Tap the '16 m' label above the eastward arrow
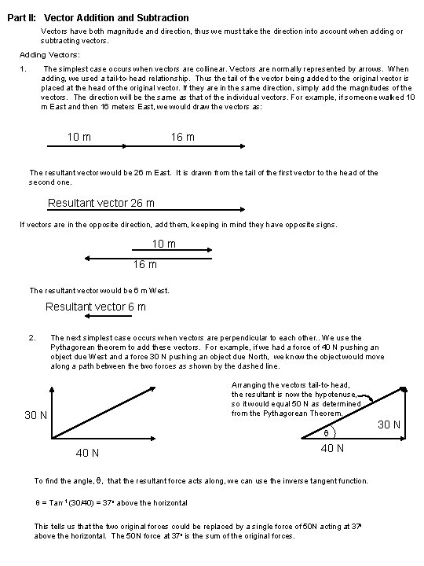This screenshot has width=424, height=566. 183,138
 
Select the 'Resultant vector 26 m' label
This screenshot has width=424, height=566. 101,204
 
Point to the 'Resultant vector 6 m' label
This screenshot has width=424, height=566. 95,307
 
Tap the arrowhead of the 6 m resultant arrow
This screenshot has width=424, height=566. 87,316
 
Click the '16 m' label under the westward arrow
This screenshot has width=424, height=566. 144,264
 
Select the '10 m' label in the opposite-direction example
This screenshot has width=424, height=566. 163,244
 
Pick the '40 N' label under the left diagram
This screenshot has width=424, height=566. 86,453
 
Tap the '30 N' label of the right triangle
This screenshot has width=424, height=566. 389,425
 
